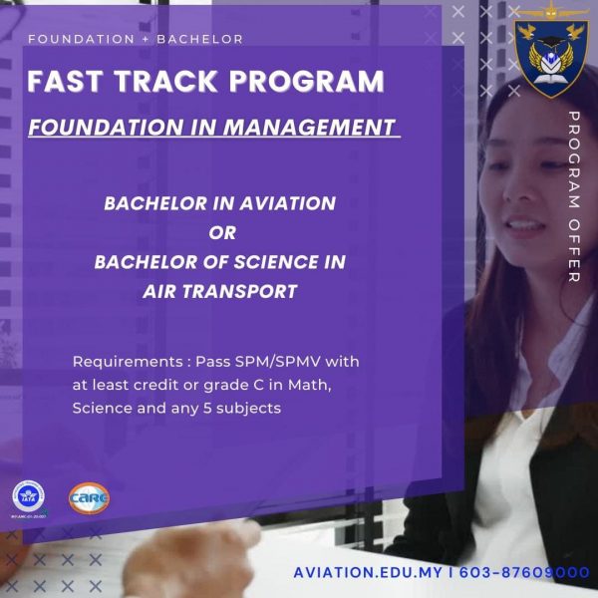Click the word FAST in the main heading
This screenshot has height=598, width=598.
65,82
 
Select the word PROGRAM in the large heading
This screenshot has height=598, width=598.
306,82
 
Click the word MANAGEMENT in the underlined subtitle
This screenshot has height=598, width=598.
309,127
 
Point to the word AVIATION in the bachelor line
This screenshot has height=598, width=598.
288,203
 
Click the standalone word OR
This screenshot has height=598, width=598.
222,232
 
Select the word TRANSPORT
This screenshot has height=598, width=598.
240,292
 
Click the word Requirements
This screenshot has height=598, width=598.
128,362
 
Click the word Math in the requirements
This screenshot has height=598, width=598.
309,385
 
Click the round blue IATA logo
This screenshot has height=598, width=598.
28,495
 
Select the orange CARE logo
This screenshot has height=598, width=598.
90,498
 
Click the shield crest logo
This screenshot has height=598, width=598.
551,57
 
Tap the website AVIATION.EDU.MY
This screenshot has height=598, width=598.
368,572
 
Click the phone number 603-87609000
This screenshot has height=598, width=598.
524,572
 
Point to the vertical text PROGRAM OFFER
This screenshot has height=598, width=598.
574,196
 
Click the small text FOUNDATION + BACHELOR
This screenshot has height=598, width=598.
136,39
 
